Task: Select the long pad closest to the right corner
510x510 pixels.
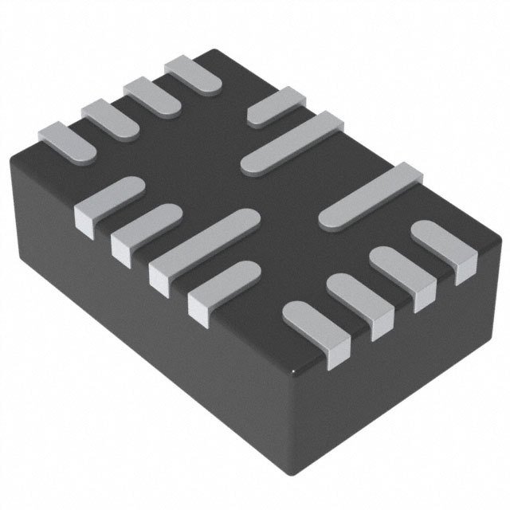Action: [371, 197]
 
